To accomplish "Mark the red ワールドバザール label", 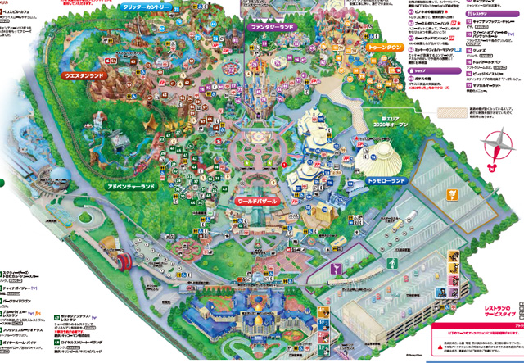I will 259,199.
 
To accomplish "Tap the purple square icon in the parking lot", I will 336,268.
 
